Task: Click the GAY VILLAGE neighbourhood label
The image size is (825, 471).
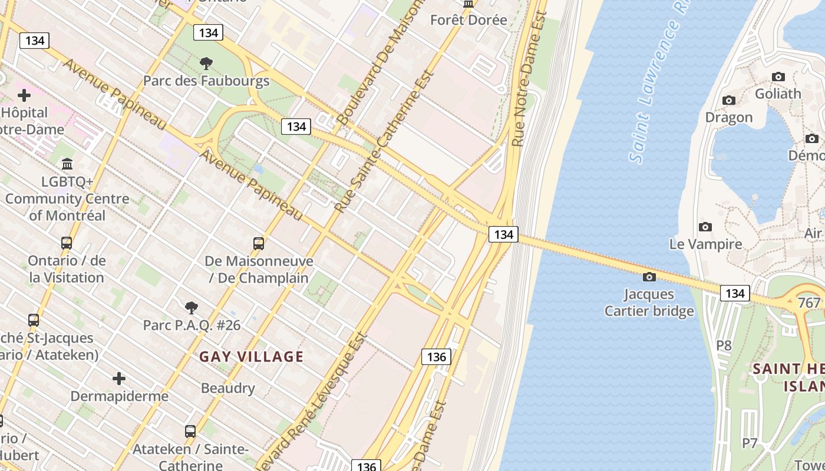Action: click(x=251, y=356)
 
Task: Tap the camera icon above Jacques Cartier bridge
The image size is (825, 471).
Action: click(x=649, y=277)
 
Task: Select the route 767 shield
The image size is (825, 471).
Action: click(x=808, y=303)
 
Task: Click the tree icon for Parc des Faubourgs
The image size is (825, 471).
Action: click(x=206, y=63)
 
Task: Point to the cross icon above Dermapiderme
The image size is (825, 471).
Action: click(x=119, y=378)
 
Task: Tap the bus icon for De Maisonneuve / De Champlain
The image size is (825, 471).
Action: click(x=258, y=243)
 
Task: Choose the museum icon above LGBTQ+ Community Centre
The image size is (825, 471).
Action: click(x=67, y=163)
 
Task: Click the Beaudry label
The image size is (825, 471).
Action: click(x=228, y=388)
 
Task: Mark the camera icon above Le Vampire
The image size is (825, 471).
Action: click(x=705, y=227)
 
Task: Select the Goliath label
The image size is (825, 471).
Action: click(x=778, y=94)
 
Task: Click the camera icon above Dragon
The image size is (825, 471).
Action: click(x=729, y=100)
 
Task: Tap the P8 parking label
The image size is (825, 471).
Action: click(x=724, y=345)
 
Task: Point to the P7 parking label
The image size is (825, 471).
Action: click(x=749, y=443)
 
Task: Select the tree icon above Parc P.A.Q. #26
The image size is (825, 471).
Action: click(x=191, y=307)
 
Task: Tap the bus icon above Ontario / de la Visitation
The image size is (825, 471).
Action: click(x=67, y=243)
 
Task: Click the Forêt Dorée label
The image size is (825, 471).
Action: click(x=468, y=19)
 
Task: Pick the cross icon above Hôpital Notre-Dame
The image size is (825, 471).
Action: click(x=24, y=95)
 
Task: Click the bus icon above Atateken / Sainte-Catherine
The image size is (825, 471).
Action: click(x=190, y=431)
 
